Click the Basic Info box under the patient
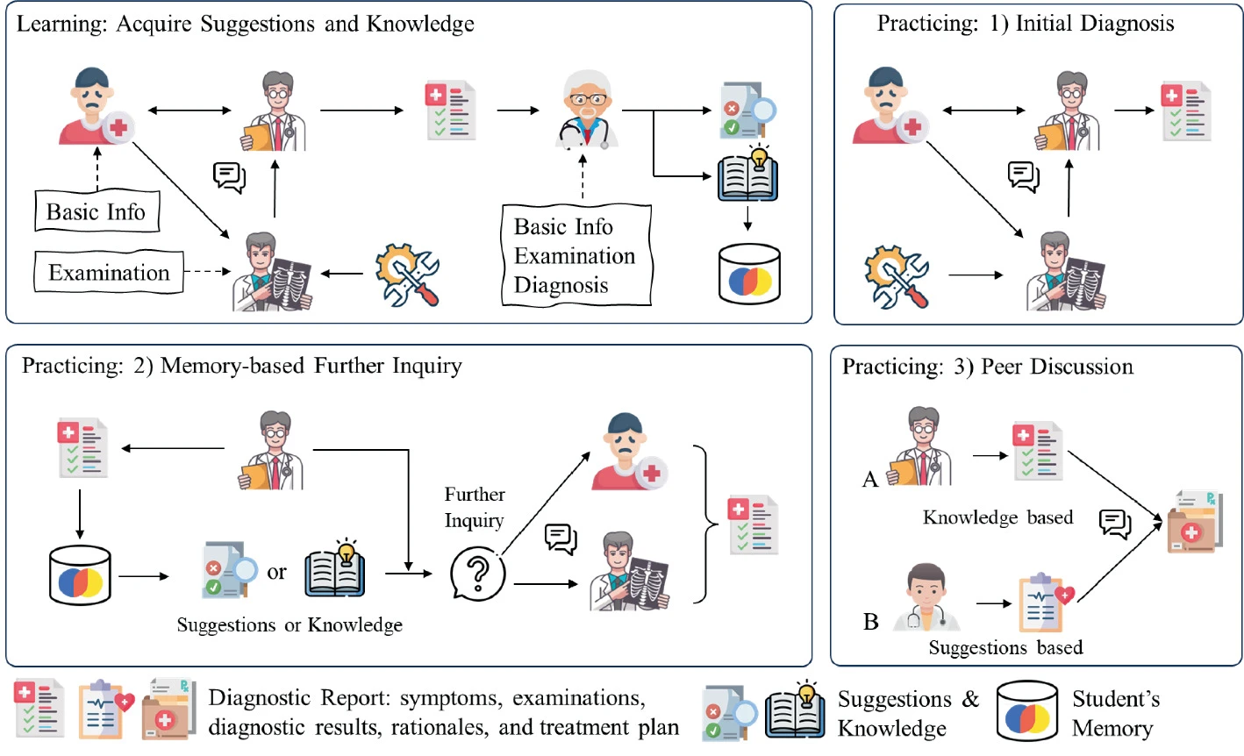97,211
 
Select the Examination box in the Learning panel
109,273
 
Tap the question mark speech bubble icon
478,574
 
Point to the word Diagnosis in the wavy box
561,285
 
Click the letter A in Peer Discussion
870,479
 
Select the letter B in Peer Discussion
871,622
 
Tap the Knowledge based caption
997,517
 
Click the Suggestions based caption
1005,648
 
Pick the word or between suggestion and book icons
276,573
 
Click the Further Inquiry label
474,507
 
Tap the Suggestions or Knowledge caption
290,624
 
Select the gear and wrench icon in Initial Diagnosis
896,275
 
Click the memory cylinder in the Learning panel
748,275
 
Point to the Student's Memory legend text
1115,713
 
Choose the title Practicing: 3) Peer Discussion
988,367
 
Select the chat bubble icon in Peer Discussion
1115,524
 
